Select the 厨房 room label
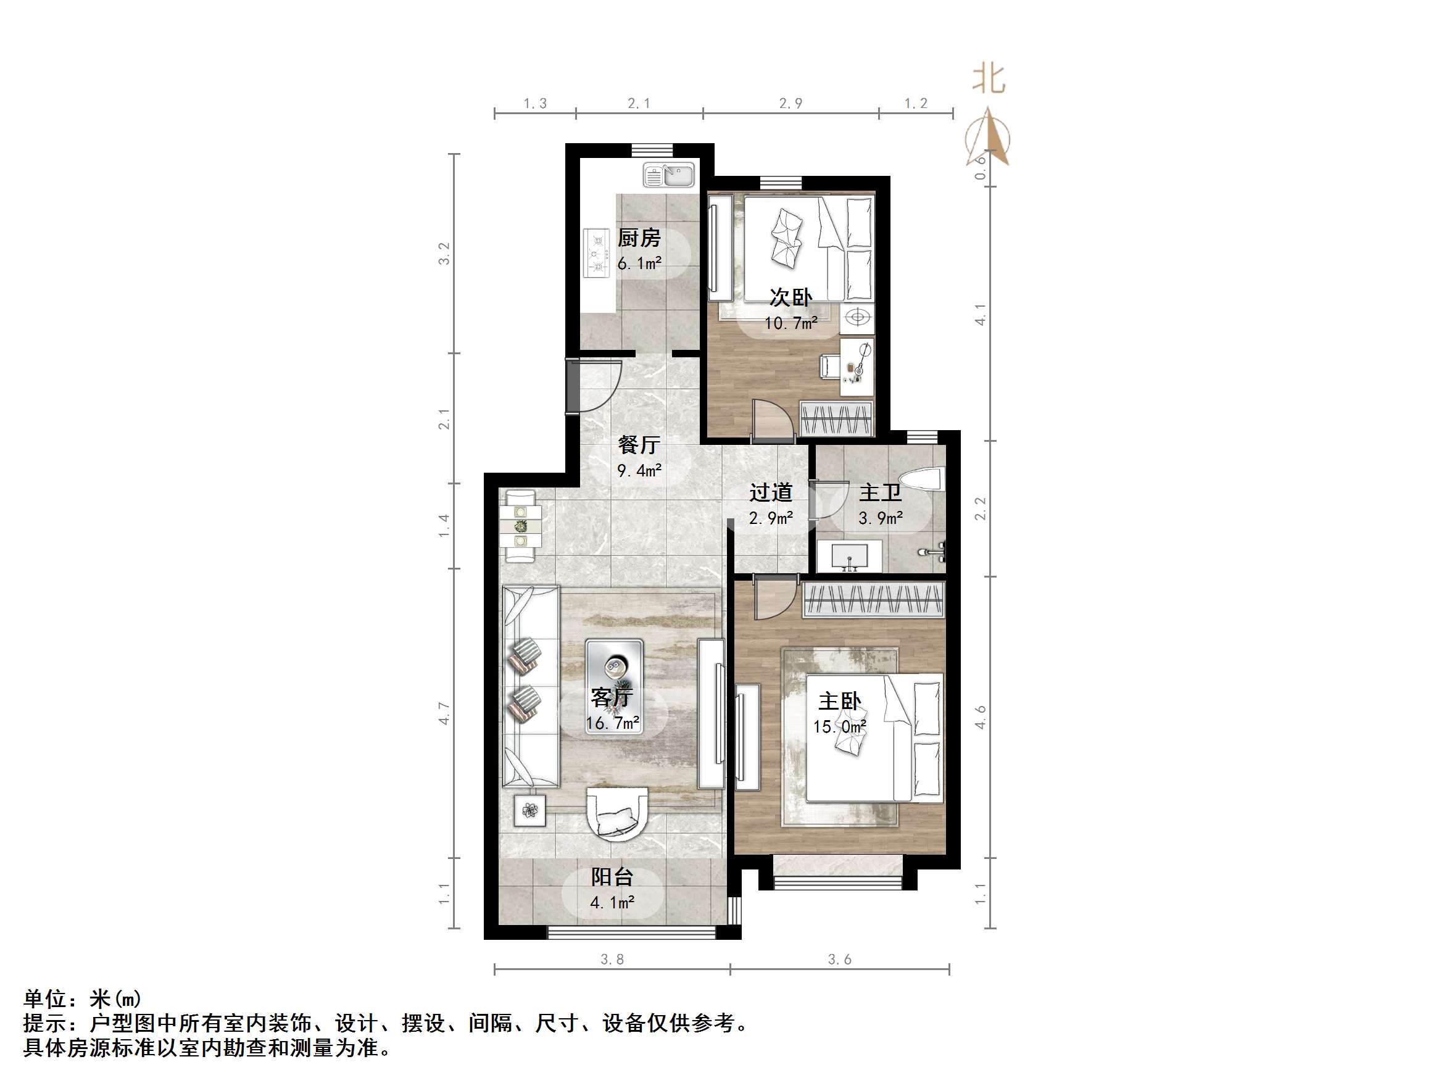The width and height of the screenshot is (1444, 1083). pyautogui.click(x=639, y=238)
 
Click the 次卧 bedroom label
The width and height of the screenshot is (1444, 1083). pyautogui.click(x=790, y=297)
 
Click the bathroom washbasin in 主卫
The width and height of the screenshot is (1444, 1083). pyautogui.click(x=850, y=556)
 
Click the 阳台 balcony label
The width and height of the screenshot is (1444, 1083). pyautogui.click(x=612, y=876)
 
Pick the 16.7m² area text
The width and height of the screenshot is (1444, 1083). pyautogui.click(x=612, y=723)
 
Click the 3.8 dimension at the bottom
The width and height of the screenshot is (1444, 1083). pyautogui.click(x=612, y=959)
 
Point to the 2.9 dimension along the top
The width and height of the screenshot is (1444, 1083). pyautogui.click(x=790, y=103)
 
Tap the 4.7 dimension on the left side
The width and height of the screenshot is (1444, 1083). pyautogui.click(x=444, y=713)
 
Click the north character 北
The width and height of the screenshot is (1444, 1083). pyautogui.click(x=989, y=80)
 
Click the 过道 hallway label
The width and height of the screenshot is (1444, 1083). pyautogui.click(x=770, y=492)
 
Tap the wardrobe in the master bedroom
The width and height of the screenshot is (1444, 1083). pyautogui.click(x=873, y=599)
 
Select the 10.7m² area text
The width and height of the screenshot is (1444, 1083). pyautogui.click(x=790, y=323)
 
